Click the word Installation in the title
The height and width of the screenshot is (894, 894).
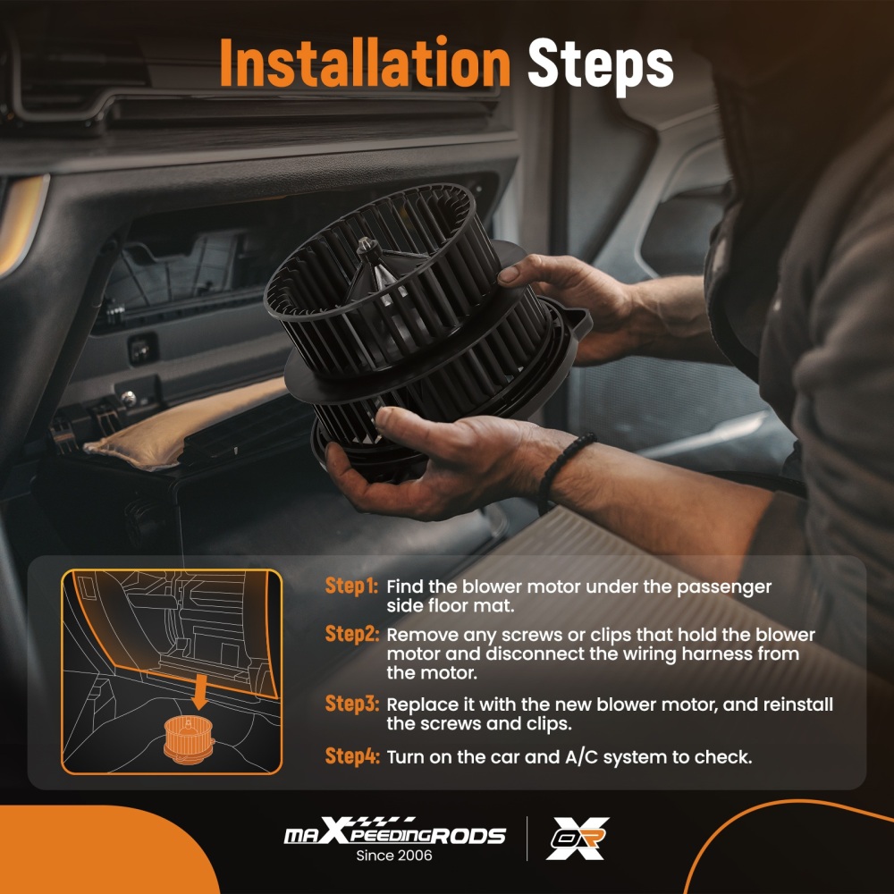(x=365, y=63)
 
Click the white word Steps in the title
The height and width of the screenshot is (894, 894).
(x=601, y=65)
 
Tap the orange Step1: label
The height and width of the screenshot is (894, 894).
(x=351, y=586)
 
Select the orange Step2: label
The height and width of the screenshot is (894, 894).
(x=351, y=634)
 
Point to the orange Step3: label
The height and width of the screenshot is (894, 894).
(x=351, y=704)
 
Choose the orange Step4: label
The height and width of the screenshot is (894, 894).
(x=351, y=756)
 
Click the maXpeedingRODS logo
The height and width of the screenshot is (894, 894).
(x=394, y=831)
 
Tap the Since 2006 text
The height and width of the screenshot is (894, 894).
(x=394, y=856)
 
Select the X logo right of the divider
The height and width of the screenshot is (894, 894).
(x=578, y=839)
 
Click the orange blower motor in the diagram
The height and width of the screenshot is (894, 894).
(x=188, y=738)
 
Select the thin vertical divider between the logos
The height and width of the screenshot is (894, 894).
(x=527, y=839)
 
